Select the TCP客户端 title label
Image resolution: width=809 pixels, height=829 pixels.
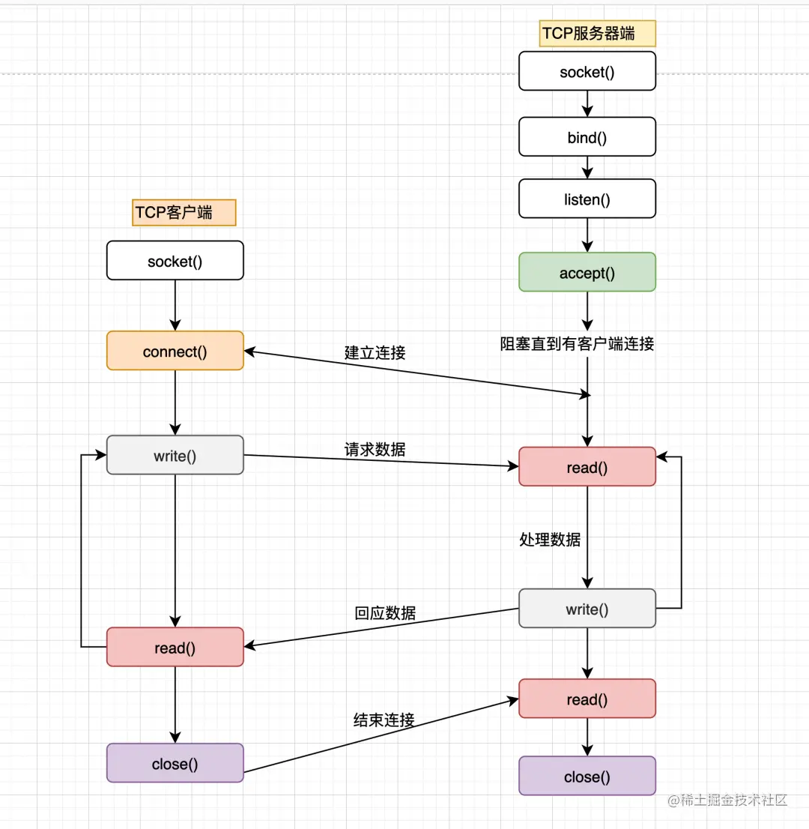(x=184, y=213)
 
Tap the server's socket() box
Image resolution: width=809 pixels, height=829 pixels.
(x=587, y=72)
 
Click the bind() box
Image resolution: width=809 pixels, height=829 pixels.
(x=587, y=136)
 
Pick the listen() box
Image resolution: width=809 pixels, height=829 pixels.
(x=587, y=199)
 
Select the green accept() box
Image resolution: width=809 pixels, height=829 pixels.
(x=587, y=272)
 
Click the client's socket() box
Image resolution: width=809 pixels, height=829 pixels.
(x=175, y=261)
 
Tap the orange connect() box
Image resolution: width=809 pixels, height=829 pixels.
(x=175, y=351)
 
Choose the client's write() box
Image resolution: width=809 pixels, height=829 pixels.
(x=175, y=455)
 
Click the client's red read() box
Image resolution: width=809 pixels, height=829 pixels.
(x=175, y=647)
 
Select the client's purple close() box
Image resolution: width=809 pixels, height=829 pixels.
(x=175, y=763)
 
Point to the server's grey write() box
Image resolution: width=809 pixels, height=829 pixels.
(x=587, y=609)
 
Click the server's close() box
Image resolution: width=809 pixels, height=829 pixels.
(x=587, y=776)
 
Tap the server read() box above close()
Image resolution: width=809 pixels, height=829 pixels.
(x=587, y=699)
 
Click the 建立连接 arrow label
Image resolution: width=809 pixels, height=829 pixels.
(x=375, y=353)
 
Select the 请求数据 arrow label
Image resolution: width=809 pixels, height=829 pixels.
(x=375, y=449)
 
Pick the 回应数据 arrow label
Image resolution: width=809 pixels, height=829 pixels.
(x=385, y=612)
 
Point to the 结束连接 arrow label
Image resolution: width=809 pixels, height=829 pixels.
(x=384, y=720)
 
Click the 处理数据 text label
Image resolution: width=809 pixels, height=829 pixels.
(x=550, y=539)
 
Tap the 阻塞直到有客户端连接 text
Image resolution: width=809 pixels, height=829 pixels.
(x=577, y=344)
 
